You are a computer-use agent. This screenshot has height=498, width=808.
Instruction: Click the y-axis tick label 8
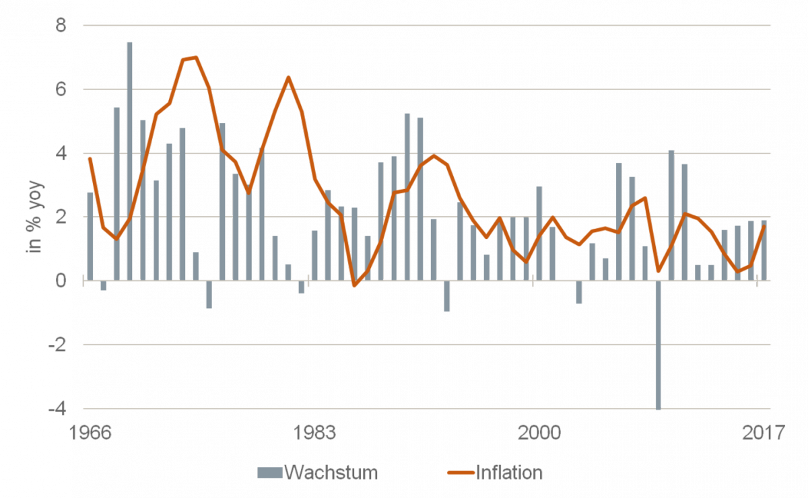point(61,26)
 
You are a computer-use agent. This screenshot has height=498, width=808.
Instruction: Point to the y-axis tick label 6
point(61,90)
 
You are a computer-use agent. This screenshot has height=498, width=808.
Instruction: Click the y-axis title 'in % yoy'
point(34,217)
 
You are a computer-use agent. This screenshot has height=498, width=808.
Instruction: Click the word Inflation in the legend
point(508,472)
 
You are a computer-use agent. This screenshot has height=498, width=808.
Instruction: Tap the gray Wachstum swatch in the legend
point(269,472)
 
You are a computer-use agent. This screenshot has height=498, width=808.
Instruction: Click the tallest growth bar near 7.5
point(130,162)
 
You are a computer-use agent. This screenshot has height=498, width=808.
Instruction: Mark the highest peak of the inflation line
point(195,57)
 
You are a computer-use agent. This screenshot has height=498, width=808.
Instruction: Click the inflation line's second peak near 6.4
point(288,77)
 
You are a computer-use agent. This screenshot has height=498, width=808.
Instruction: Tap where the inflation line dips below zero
point(355,285)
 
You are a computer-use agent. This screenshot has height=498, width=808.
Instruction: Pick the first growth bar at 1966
point(90,236)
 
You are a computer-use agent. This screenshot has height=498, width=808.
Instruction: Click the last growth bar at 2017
point(764,250)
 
